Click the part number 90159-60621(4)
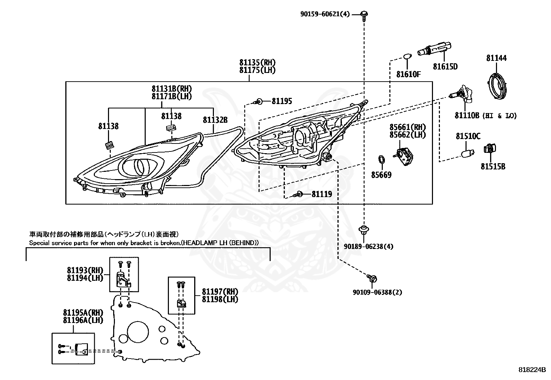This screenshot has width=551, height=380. pyautogui.click(x=325, y=14)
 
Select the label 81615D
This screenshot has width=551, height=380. pyautogui.click(x=445, y=67)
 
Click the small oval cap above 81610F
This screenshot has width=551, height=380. pyautogui.click(x=407, y=56)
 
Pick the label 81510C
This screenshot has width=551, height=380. pyautogui.click(x=468, y=136)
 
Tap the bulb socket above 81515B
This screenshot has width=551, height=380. pyautogui.click(x=490, y=149)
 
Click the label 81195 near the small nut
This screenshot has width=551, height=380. pyautogui.click(x=282, y=101)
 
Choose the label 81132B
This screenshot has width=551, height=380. pyautogui.click(x=215, y=120)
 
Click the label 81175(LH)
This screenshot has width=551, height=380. pyautogui.click(x=257, y=70)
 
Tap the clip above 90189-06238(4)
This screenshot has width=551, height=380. pyautogui.click(x=364, y=230)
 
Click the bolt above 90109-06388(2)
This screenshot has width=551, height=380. pyautogui.click(x=372, y=278)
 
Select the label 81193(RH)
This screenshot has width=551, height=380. pyautogui.click(x=85, y=270)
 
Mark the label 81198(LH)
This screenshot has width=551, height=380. pyautogui.click(x=220, y=299)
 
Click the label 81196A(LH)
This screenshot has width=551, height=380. pyautogui.click(x=83, y=320)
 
